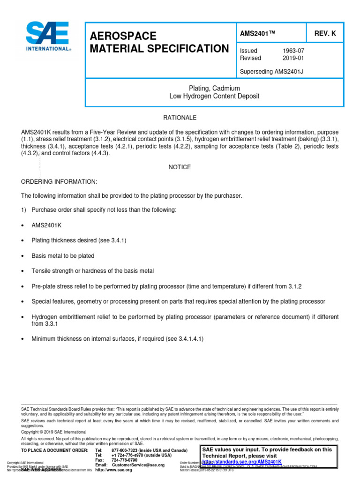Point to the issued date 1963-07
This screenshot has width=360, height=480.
[293, 51]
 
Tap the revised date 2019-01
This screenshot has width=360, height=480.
[293, 58]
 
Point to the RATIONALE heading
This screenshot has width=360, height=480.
[180, 117]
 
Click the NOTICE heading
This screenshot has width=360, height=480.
[180, 167]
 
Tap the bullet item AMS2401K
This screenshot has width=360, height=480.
[46, 225]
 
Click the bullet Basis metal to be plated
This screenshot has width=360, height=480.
[63, 256]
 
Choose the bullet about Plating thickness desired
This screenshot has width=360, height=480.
[79, 240]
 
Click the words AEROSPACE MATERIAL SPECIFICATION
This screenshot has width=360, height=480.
[156, 43]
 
